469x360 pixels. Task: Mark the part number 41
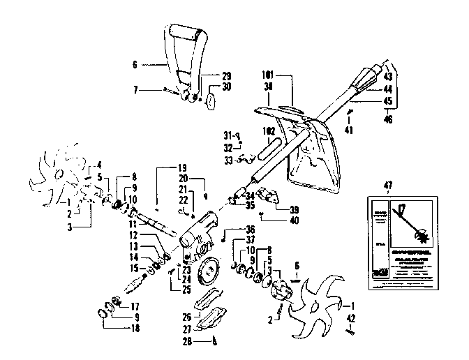349,130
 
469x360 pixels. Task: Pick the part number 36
249,230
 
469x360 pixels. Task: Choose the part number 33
228,160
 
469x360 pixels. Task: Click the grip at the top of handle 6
191,33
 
